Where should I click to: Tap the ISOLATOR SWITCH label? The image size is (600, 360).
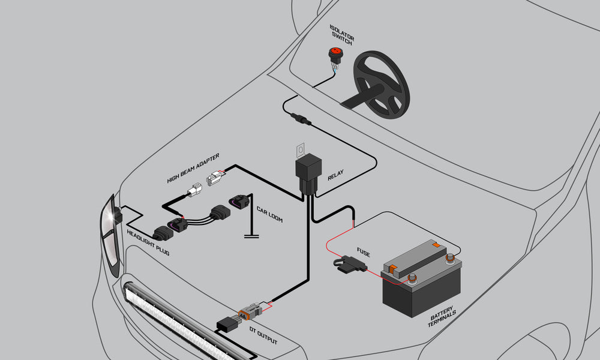point(342,35)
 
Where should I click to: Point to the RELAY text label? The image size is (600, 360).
point(335,175)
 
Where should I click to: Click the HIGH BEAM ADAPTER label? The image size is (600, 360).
point(193,168)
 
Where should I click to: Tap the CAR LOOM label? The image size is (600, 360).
point(269,215)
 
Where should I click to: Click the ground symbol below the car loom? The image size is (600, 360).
point(251,236)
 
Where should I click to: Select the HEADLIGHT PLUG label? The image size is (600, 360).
point(148,242)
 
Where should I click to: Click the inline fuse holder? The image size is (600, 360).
point(350,265)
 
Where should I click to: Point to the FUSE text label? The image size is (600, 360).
point(363,252)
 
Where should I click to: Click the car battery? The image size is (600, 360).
point(421,279)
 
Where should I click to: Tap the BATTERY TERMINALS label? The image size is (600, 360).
point(442,316)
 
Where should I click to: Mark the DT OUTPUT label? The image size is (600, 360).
point(263,335)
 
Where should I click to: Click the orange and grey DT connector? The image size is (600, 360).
point(250,312)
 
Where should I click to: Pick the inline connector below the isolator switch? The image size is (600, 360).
point(301,118)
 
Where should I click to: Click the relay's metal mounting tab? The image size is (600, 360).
point(301,149)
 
